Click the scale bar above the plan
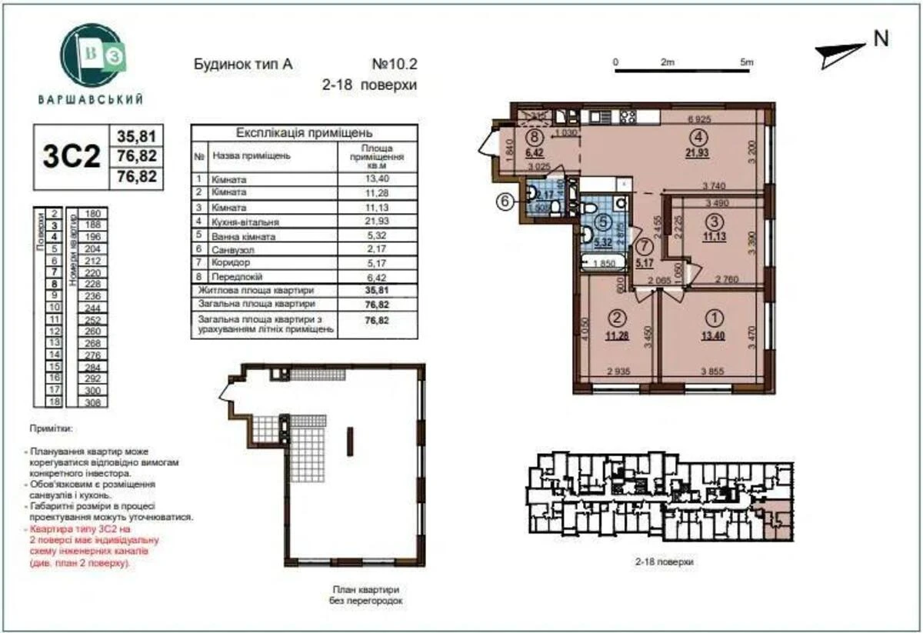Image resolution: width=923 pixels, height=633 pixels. click(x=683, y=72)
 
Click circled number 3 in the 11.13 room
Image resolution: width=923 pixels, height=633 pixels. click(x=715, y=221)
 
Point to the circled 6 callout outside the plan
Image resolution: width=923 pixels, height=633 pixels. click(x=505, y=202)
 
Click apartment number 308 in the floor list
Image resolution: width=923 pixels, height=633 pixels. click(x=94, y=401)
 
